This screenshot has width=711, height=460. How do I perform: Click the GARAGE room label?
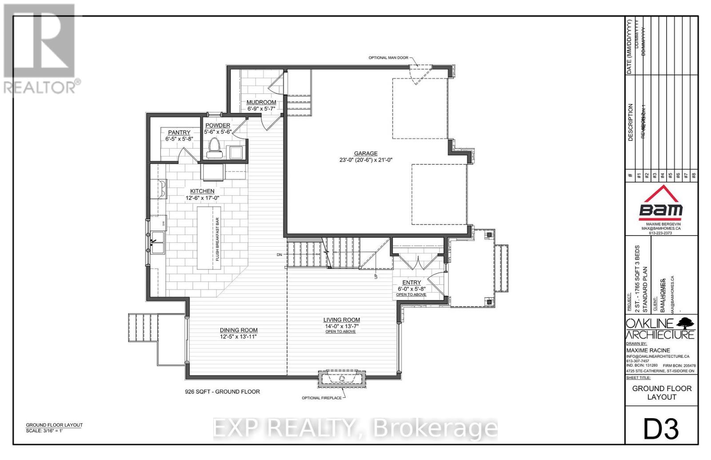click(366, 153)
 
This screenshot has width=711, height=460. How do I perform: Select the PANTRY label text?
click(179, 132)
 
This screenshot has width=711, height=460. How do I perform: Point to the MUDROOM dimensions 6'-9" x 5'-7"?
click(261, 108)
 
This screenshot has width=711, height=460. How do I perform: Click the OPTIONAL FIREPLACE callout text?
click(322, 398)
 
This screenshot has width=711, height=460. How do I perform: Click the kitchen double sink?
click(157, 243)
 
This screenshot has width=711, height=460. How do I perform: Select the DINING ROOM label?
click(239, 330)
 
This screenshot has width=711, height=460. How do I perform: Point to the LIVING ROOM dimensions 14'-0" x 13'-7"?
click(341, 326)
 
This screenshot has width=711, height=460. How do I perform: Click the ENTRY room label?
click(411, 283)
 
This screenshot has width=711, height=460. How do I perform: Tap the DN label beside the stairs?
click(279, 255)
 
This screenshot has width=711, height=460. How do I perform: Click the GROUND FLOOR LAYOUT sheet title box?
click(662, 392)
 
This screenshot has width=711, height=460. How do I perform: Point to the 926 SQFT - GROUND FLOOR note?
click(222, 392)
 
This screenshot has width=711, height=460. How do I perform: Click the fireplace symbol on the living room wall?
click(342, 379)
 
